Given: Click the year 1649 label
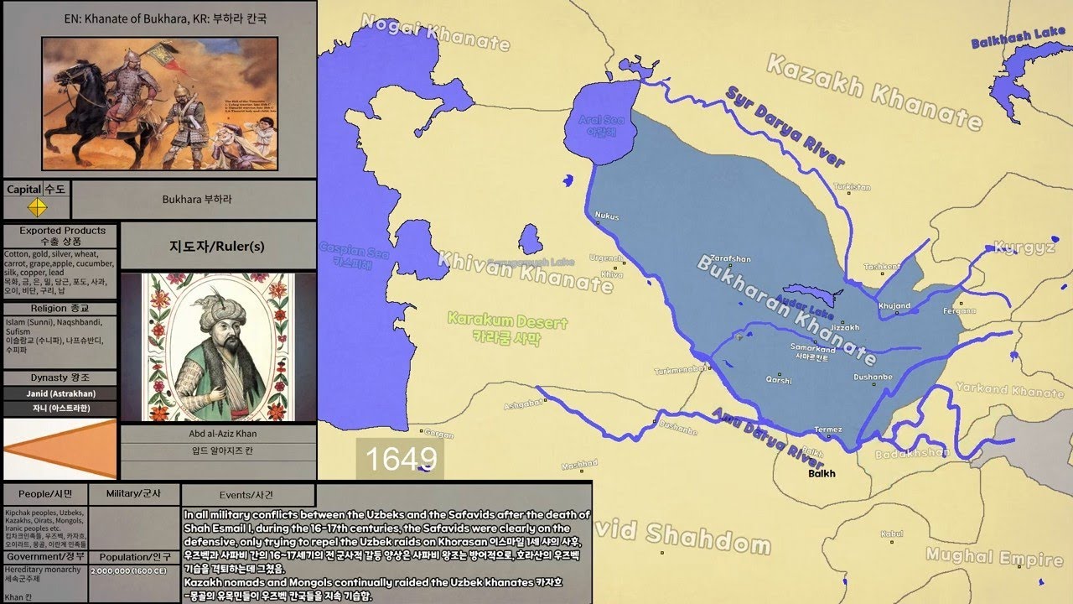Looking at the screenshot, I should click(x=400, y=459).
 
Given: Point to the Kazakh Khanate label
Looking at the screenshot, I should click(x=873, y=92).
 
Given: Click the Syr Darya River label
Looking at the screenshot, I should click(x=785, y=127).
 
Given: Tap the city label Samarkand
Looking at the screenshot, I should click(x=811, y=347).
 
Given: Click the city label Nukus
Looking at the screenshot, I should click(x=606, y=216).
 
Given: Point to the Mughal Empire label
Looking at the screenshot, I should click(x=982, y=557).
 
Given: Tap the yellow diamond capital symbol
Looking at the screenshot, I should click(x=37, y=206).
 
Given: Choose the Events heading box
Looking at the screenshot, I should click(x=248, y=495).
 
